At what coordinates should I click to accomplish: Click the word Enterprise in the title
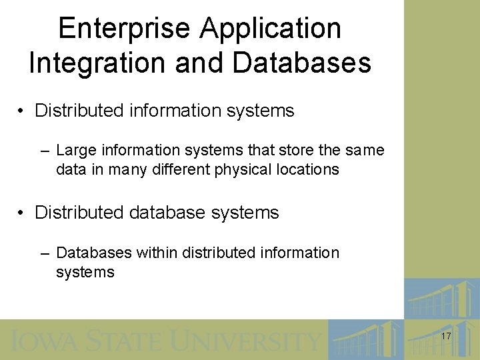tap(125, 29)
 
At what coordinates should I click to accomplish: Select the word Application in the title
tap(271, 29)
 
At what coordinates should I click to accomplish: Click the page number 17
tap(445, 337)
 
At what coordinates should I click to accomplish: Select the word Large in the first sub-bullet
tap(75, 151)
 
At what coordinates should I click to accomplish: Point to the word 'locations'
tap(306, 169)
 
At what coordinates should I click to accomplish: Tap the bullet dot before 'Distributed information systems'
tap(23, 111)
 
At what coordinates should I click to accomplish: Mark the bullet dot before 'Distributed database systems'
tap(23, 213)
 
